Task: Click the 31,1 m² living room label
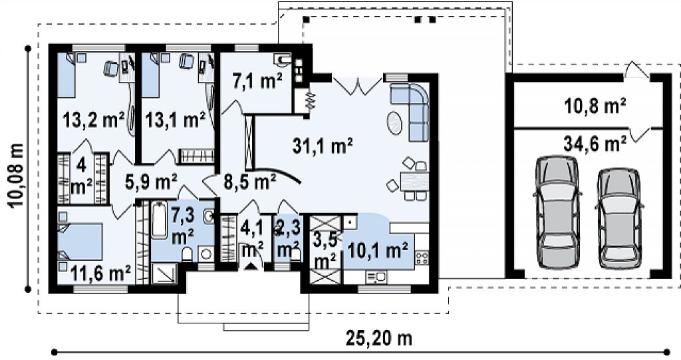click(322, 146)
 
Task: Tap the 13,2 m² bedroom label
click(93, 119)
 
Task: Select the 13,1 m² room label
click(175, 119)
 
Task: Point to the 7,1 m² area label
click(257, 81)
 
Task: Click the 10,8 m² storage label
click(595, 106)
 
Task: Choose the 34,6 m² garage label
click(595, 144)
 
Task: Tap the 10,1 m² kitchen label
click(378, 250)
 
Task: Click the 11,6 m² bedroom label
click(100, 274)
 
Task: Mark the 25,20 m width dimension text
click(378, 338)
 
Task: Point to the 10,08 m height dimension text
click(17, 174)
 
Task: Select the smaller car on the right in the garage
click(619, 218)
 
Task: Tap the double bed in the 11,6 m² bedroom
click(80, 242)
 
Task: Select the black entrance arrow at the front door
click(251, 266)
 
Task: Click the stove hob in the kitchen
click(422, 258)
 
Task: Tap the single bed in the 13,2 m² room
click(67, 75)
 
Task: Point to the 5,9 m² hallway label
click(151, 181)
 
